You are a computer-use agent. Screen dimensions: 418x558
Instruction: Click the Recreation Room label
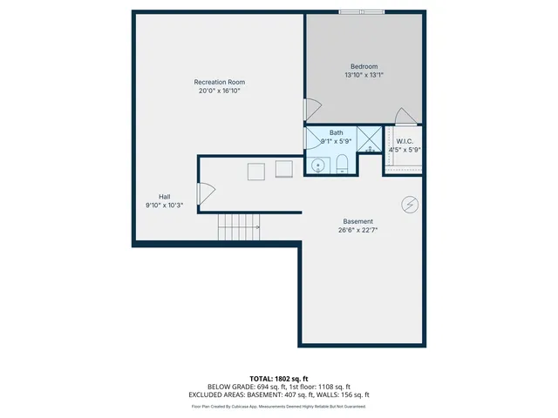218,82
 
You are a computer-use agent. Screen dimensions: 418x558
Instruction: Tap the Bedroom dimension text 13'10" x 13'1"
364,75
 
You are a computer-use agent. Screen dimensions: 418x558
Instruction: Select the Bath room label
336,132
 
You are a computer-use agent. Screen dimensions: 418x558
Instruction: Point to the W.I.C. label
405,141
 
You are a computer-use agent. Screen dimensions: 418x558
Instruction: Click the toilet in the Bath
342,163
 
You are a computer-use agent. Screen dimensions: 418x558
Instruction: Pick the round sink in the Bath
319,164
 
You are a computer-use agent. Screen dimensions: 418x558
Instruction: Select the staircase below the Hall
239,227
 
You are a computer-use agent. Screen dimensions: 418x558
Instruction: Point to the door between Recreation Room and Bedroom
310,110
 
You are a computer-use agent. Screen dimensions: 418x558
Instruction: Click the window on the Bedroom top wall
360,12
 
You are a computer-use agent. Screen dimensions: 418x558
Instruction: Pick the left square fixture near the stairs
255,171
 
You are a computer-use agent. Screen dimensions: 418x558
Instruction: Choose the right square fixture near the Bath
285,169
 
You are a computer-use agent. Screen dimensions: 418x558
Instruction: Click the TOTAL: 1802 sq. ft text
279,379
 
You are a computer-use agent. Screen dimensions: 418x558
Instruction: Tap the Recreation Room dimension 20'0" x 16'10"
218,90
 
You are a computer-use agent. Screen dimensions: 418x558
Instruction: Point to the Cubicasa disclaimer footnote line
279,407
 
